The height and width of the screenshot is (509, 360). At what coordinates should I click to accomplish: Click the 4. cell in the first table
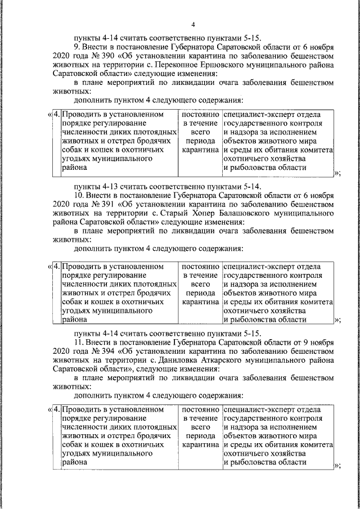56,114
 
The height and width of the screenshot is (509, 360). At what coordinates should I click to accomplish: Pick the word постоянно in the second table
200,266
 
